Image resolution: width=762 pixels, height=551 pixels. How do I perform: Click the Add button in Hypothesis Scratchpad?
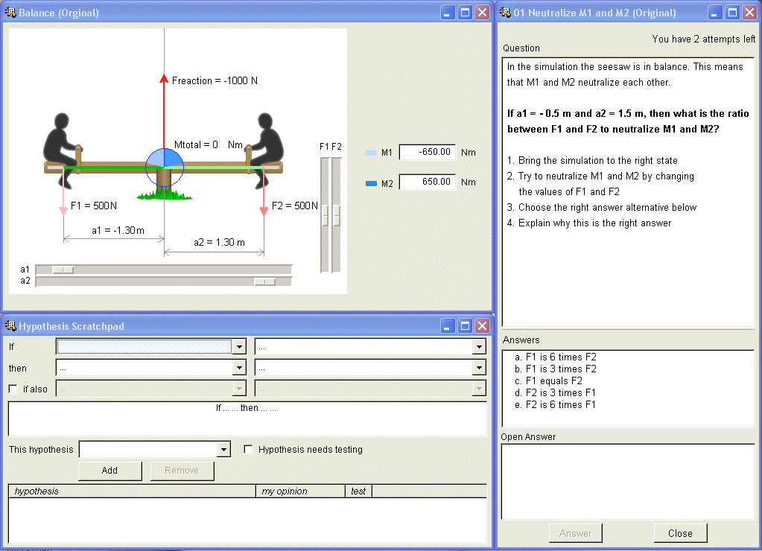109,471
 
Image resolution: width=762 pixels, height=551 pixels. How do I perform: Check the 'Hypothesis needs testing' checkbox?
248,450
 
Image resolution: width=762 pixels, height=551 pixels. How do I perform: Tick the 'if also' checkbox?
13,389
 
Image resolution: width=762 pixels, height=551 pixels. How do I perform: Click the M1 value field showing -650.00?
428,152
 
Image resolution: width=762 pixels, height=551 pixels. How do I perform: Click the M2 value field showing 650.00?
428,182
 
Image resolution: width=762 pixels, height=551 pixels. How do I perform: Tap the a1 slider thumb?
63,270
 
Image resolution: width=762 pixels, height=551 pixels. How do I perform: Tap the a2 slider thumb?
265,281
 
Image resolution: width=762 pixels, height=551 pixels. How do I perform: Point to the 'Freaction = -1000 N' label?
215,80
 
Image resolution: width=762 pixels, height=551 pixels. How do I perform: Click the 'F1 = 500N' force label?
94,206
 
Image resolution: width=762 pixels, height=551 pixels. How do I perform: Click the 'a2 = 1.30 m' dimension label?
219,242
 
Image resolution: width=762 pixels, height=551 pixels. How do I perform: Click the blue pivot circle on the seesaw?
165,167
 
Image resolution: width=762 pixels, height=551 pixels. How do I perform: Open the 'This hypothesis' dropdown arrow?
223,450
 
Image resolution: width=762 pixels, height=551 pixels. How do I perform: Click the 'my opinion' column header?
285,491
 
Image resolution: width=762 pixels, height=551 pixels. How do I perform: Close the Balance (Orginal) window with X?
482,13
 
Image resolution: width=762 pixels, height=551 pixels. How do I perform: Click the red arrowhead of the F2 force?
264,211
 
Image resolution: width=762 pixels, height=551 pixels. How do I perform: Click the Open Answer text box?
628,482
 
